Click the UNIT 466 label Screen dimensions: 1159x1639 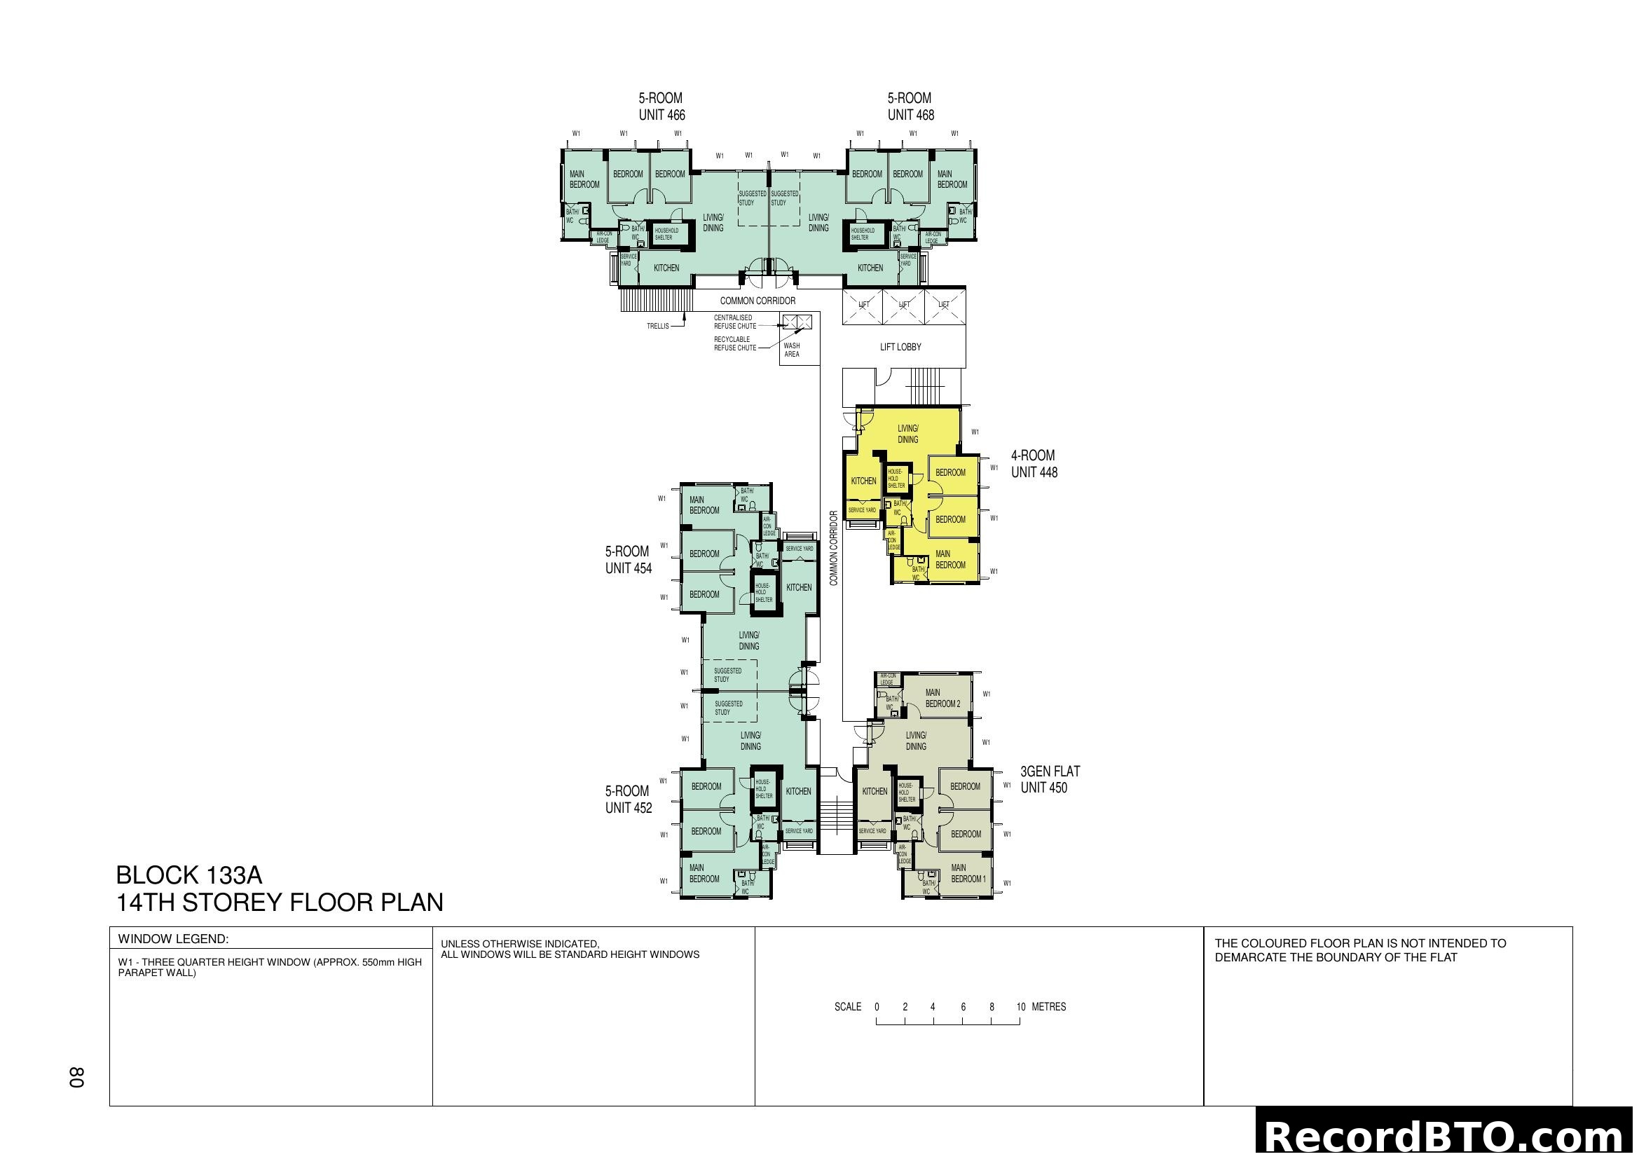point(661,115)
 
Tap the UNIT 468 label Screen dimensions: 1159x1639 point(910,115)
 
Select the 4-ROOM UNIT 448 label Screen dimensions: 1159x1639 point(1034,464)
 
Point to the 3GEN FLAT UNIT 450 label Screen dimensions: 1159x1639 point(1050,779)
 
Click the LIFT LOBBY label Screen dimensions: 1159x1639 point(900,347)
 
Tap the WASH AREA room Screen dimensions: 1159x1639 point(792,350)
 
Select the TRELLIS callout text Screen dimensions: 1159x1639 point(657,326)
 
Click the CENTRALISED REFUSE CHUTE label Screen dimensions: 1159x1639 point(734,322)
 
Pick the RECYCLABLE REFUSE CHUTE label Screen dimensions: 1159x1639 point(734,344)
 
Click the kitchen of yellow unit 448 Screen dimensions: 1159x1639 point(863,481)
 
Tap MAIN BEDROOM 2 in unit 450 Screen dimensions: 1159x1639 point(942,698)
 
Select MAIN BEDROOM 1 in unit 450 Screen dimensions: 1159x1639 point(967,874)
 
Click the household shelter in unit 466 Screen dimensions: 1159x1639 point(665,234)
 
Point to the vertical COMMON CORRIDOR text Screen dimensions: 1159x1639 point(833,548)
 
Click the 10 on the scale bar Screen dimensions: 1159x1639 point(1021,1007)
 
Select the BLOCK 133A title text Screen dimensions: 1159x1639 point(189,875)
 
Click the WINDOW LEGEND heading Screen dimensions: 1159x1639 point(173,939)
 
